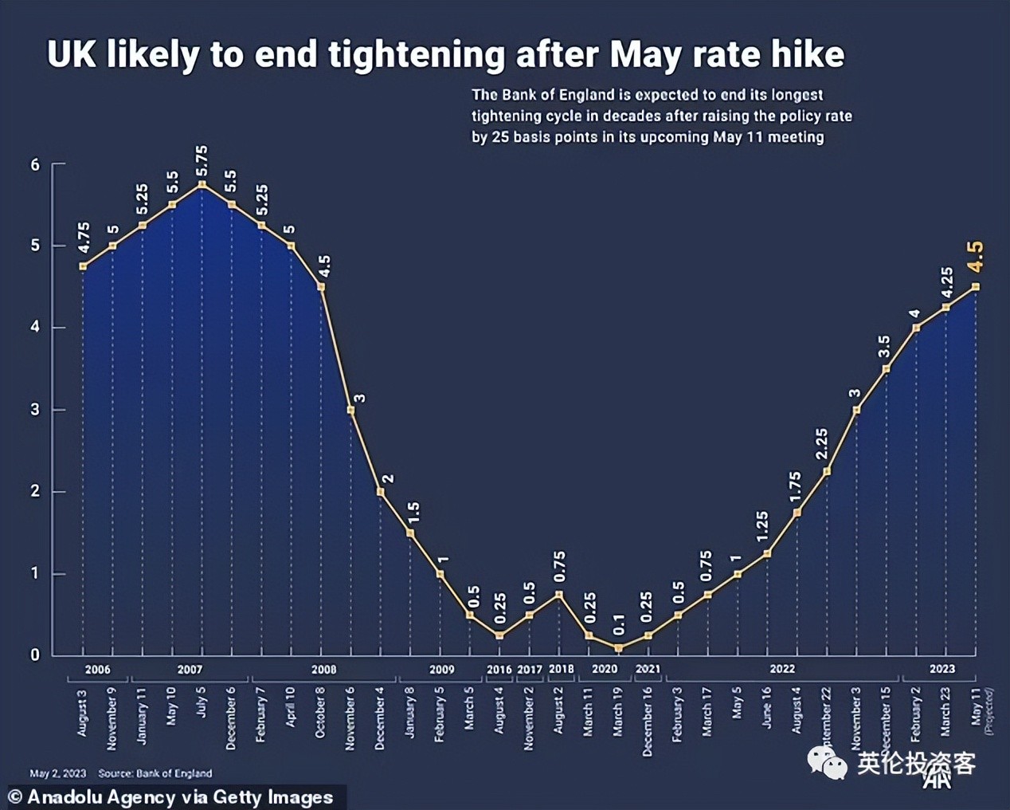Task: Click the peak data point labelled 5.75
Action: (x=202, y=185)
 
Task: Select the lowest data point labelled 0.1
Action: (x=619, y=648)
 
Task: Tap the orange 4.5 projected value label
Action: (x=975, y=257)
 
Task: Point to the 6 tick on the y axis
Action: (x=35, y=165)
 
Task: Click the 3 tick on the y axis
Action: (x=35, y=410)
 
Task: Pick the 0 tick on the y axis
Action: (x=35, y=655)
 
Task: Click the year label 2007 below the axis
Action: (x=190, y=670)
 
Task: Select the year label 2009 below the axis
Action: (x=442, y=670)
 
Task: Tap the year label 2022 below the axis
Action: (x=781, y=670)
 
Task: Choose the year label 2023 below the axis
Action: (x=941, y=670)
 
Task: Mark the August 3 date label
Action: (x=82, y=713)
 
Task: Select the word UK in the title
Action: (x=72, y=54)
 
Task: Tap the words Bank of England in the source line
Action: (x=174, y=773)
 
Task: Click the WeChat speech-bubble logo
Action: (x=828, y=763)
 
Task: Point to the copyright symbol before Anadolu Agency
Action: (x=15, y=797)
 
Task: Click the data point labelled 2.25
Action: (x=827, y=471)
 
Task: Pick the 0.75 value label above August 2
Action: (x=559, y=567)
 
